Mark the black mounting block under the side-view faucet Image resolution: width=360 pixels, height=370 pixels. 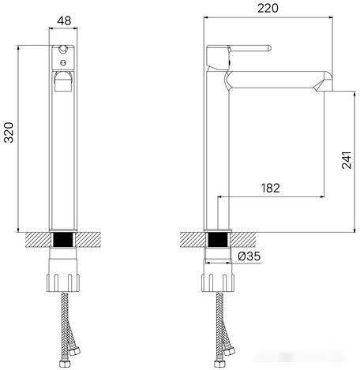pyautogui.click(x=218, y=238)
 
